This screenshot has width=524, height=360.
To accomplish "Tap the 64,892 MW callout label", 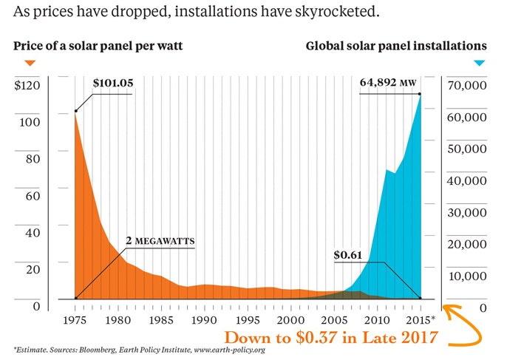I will pos(387,83).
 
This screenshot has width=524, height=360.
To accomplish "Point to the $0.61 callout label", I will pos(348,254).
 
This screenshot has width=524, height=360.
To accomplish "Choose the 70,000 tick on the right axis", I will pos(466,85).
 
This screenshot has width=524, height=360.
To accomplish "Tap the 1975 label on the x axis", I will pos(76,320).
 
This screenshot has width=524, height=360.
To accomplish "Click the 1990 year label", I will pos(205,320).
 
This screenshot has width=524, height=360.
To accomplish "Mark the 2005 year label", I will pos(334,320).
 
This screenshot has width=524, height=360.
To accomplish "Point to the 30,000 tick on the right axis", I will pos(466,212).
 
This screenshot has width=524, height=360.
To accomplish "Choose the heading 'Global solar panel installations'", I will pos(397,46).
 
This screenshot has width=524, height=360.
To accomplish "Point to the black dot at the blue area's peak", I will pos(420,94).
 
